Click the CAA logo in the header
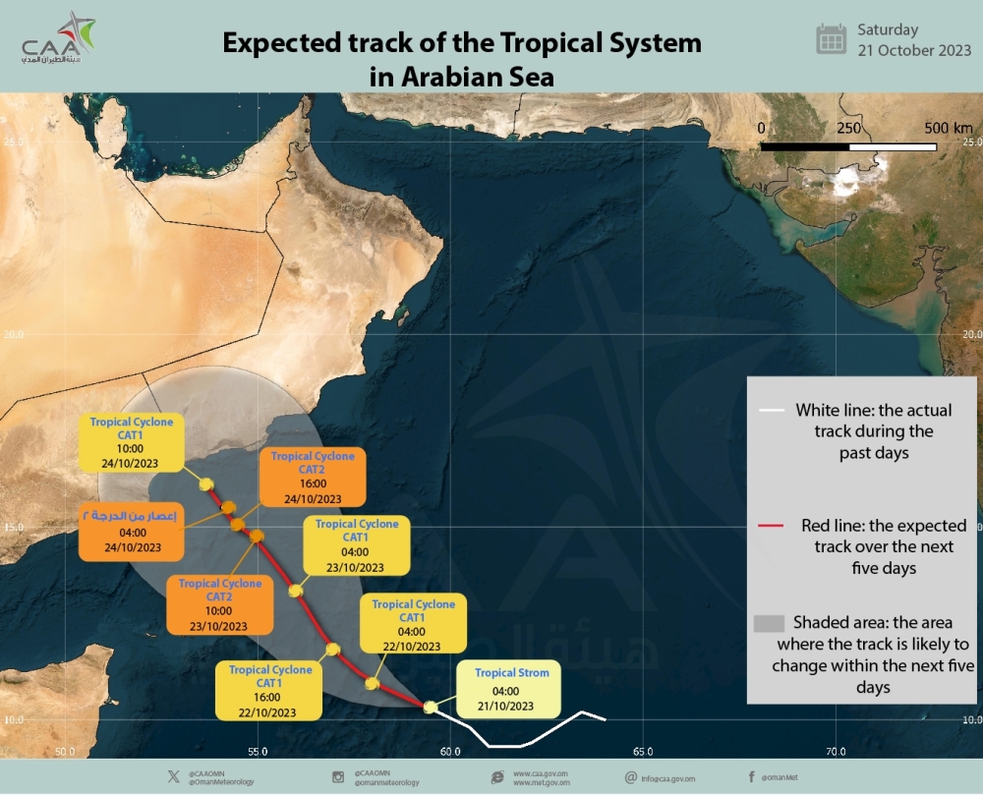[x=59, y=39]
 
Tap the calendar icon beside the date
[x=832, y=39]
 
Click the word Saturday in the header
[x=888, y=29]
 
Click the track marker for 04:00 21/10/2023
[x=430, y=707]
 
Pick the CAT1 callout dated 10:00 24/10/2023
[x=132, y=443]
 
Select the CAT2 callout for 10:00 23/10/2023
[x=220, y=604]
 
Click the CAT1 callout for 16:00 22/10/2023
[x=270, y=691]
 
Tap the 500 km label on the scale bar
[x=948, y=129]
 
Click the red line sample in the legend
[x=771, y=527]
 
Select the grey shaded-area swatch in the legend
[x=769, y=623]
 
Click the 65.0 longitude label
[x=642, y=752]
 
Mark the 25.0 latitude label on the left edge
[x=13, y=142]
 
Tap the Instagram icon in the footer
[x=338, y=777]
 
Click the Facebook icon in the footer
[x=752, y=776]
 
